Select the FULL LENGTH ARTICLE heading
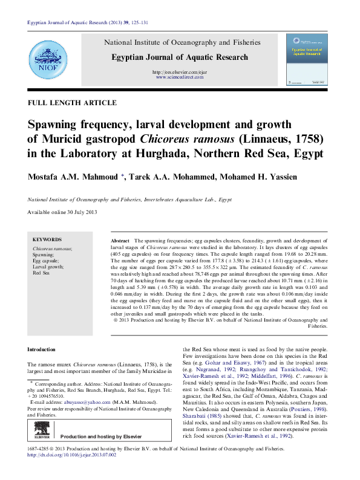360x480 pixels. (x=72, y=103)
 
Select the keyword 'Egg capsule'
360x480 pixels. (x=47, y=261)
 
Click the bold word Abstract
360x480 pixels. (x=120, y=241)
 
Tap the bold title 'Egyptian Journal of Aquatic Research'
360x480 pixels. (x=180, y=57)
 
